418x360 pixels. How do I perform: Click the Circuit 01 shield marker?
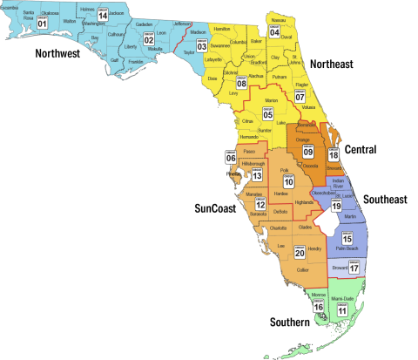tap(42, 24)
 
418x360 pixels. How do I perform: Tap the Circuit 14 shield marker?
tap(104, 15)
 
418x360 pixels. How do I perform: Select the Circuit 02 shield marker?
tap(149, 39)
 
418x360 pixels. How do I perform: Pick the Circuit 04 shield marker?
tap(274, 33)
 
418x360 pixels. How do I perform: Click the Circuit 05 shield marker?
tap(268, 113)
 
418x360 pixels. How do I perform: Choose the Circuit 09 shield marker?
tap(307, 150)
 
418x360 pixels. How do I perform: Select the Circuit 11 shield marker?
tap(342, 309)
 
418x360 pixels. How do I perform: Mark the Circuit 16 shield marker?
tap(318, 306)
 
